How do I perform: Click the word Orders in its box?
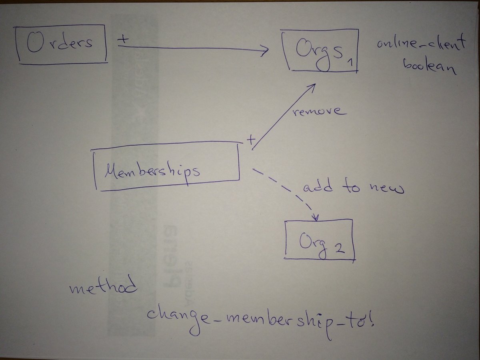[60, 43]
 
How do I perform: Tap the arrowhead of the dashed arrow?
[316, 216]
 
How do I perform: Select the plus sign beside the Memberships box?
[251, 140]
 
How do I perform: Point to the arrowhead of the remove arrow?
[314, 86]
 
